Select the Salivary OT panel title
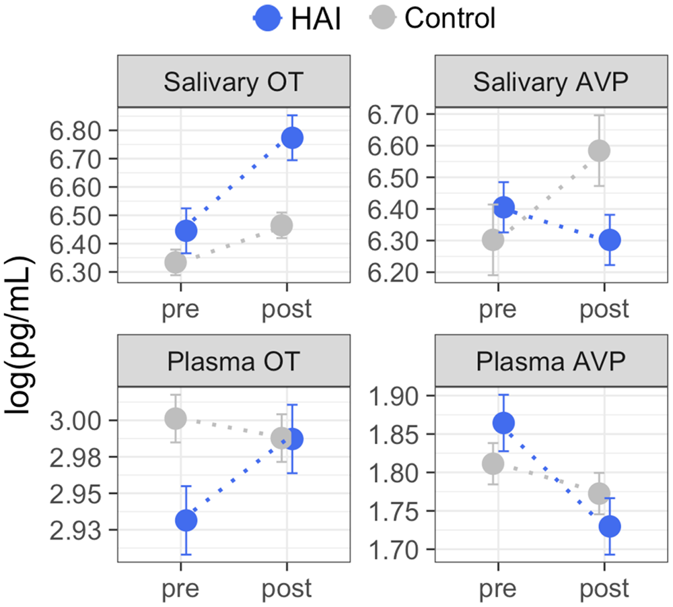[234, 86]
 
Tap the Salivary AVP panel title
[551, 86]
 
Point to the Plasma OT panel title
[234, 366]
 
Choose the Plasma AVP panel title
[551, 366]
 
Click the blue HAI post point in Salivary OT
[292, 138]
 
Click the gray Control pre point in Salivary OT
[176, 262]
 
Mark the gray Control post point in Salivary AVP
[598, 150]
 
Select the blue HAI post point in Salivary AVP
[610, 239]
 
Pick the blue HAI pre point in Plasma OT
[186, 520]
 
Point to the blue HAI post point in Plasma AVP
[610, 526]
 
